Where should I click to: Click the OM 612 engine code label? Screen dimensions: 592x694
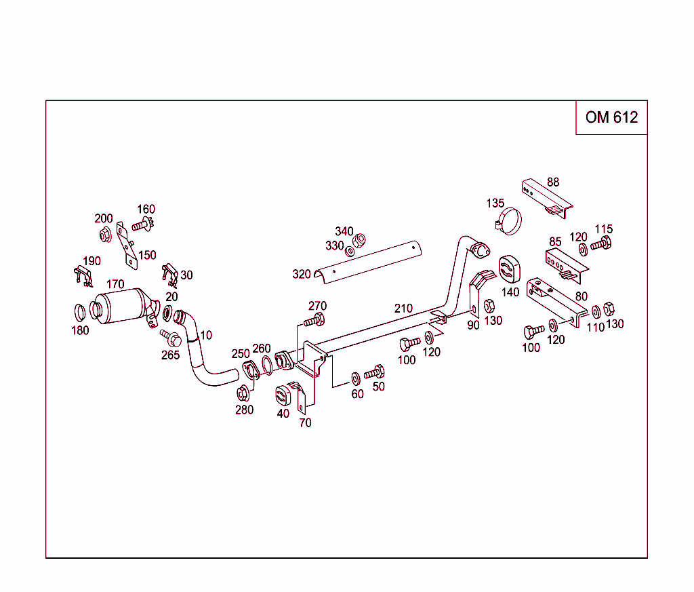click(x=611, y=117)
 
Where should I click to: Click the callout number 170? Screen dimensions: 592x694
click(x=115, y=285)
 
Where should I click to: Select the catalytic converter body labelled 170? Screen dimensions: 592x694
click(x=122, y=309)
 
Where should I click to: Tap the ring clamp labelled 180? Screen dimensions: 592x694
click(x=80, y=313)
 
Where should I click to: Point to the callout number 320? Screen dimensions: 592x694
click(x=302, y=275)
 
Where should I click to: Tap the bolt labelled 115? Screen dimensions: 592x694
click(x=601, y=244)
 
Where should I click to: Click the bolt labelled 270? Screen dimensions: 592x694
click(x=316, y=320)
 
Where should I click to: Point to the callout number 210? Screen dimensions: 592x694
click(x=403, y=309)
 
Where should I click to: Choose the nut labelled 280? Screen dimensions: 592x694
click(x=243, y=393)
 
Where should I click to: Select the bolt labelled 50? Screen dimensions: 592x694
click(x=374, y=372)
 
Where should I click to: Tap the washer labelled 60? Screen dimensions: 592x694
click(x=356, y=377)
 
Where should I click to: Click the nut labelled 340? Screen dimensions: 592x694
click(x=360, y=240)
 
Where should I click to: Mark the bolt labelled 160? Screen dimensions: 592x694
click(x=144, y=223)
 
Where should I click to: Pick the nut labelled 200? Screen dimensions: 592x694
click(x=105, y=235)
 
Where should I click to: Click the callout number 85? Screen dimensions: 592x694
click(x=555, y=241)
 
